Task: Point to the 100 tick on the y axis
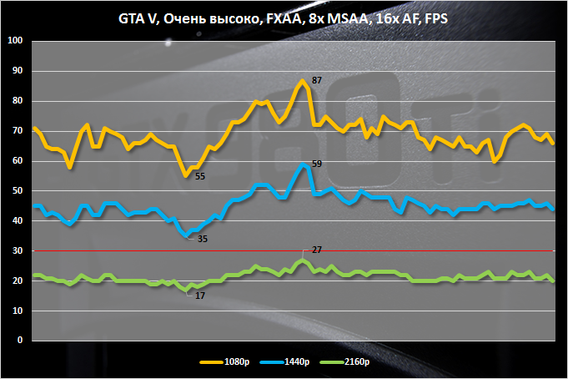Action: click(17, 41)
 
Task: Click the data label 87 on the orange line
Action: click(317, 80)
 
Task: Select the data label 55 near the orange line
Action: click(200, 176)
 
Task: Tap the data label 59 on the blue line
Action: click(317, 164)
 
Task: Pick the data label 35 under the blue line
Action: click(203, 239)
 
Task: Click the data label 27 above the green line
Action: click(316, 250)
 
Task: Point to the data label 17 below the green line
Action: click(200, 295)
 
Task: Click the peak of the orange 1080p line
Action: click(301, 80)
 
